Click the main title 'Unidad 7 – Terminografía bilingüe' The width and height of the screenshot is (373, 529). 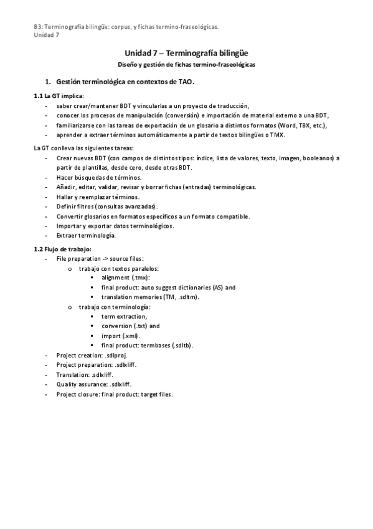coord(186,54)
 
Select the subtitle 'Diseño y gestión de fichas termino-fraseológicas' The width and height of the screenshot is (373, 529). coord(186,64)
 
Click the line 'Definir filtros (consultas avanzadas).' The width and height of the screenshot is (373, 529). coord(107,206)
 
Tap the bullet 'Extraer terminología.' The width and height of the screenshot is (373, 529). coord(86,235)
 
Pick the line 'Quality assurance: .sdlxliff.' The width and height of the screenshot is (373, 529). coord(93,384)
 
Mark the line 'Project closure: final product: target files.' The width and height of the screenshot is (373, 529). coord(114,394)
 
